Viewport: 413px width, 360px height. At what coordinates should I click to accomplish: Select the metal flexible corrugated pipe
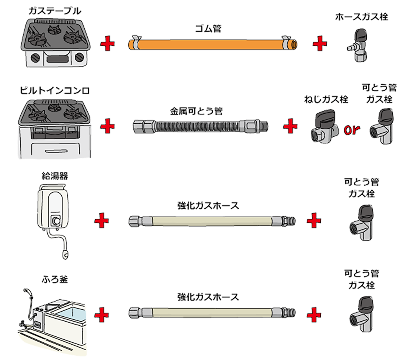(x=201, y=126)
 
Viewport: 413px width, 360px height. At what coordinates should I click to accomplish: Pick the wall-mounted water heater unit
(x=53, y=208)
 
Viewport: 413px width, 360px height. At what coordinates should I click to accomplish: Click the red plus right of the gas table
(x=107, y=44)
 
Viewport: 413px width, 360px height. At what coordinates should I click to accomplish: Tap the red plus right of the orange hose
(x=319, y=44)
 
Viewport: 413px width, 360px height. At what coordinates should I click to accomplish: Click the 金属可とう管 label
(x=196, y=112)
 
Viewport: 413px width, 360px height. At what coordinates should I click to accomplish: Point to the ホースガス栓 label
(x=361, y=17)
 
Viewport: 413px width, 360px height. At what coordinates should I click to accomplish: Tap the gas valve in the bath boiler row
(x=362, y=313)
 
